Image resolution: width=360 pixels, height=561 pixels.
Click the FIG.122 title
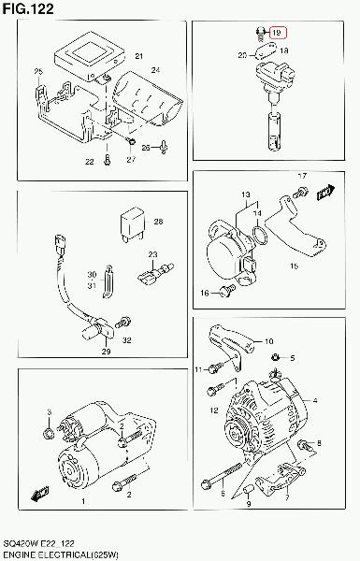28,8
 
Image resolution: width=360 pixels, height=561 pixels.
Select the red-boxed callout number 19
277,33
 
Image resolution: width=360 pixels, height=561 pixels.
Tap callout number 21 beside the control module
138,56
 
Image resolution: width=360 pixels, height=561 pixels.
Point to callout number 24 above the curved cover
155,70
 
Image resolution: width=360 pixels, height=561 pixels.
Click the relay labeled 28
133,224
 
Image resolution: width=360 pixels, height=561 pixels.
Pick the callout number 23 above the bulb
152,254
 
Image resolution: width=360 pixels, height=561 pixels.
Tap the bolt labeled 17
300,193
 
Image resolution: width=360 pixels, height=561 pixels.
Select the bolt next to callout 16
227,291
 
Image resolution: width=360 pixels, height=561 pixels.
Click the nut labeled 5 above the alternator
276,357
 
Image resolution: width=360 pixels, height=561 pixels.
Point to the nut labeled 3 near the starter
49,434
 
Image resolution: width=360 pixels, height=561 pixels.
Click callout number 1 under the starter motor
83,501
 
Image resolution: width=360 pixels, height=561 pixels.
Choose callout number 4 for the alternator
315,400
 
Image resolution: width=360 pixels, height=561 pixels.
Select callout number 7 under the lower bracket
287,497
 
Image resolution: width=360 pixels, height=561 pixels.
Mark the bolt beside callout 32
122,322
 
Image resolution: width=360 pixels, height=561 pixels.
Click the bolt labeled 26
164,147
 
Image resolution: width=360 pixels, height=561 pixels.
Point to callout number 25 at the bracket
38,72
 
